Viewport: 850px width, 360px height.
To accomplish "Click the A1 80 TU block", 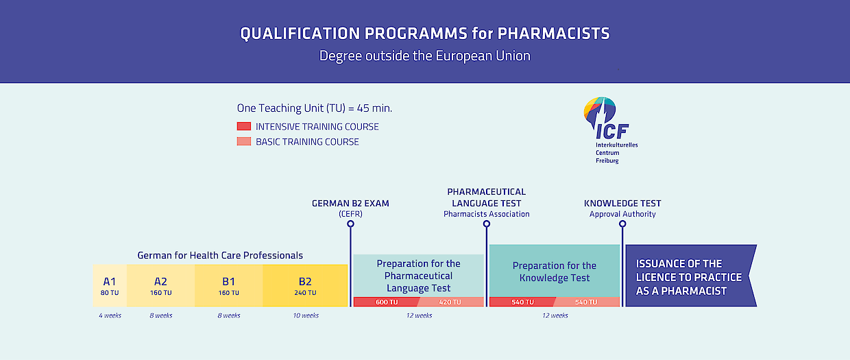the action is pos(110,285).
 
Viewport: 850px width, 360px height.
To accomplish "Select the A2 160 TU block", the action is pos(161,285).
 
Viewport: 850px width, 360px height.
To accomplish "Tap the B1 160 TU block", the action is pos(229,285).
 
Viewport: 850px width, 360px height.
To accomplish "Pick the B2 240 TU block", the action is pos(305,285).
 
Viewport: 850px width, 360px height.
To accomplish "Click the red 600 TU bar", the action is pos(386,302).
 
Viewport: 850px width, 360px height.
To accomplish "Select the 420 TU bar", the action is pos(451,302).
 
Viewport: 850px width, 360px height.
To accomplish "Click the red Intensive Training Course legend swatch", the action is pos(244,126).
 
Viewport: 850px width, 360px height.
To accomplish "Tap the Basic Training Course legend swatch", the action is pos(244,141).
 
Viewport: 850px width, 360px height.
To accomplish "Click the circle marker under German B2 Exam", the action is pos(351,224).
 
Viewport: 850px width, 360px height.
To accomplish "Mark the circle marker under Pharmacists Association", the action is pos(487,224).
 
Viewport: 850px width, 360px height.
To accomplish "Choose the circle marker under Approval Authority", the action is pos(622,224).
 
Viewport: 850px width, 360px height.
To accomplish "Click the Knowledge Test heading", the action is pos(622,204).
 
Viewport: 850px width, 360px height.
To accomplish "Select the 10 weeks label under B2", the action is pos(306,315).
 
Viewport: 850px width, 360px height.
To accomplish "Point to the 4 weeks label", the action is pos(110,315).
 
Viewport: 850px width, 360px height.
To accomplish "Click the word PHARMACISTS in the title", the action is pos(554,34).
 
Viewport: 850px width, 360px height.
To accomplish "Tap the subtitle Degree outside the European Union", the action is pos(424,56).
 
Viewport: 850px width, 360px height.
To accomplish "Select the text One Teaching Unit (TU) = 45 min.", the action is pos(315,108).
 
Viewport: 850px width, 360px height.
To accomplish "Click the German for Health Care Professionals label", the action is pos(220,255).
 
